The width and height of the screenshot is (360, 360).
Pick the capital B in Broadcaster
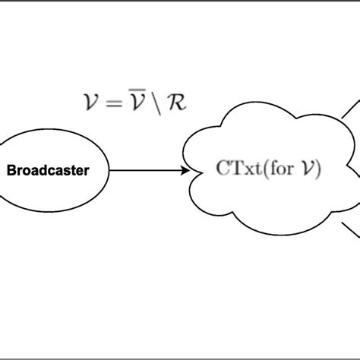click(11, 170)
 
